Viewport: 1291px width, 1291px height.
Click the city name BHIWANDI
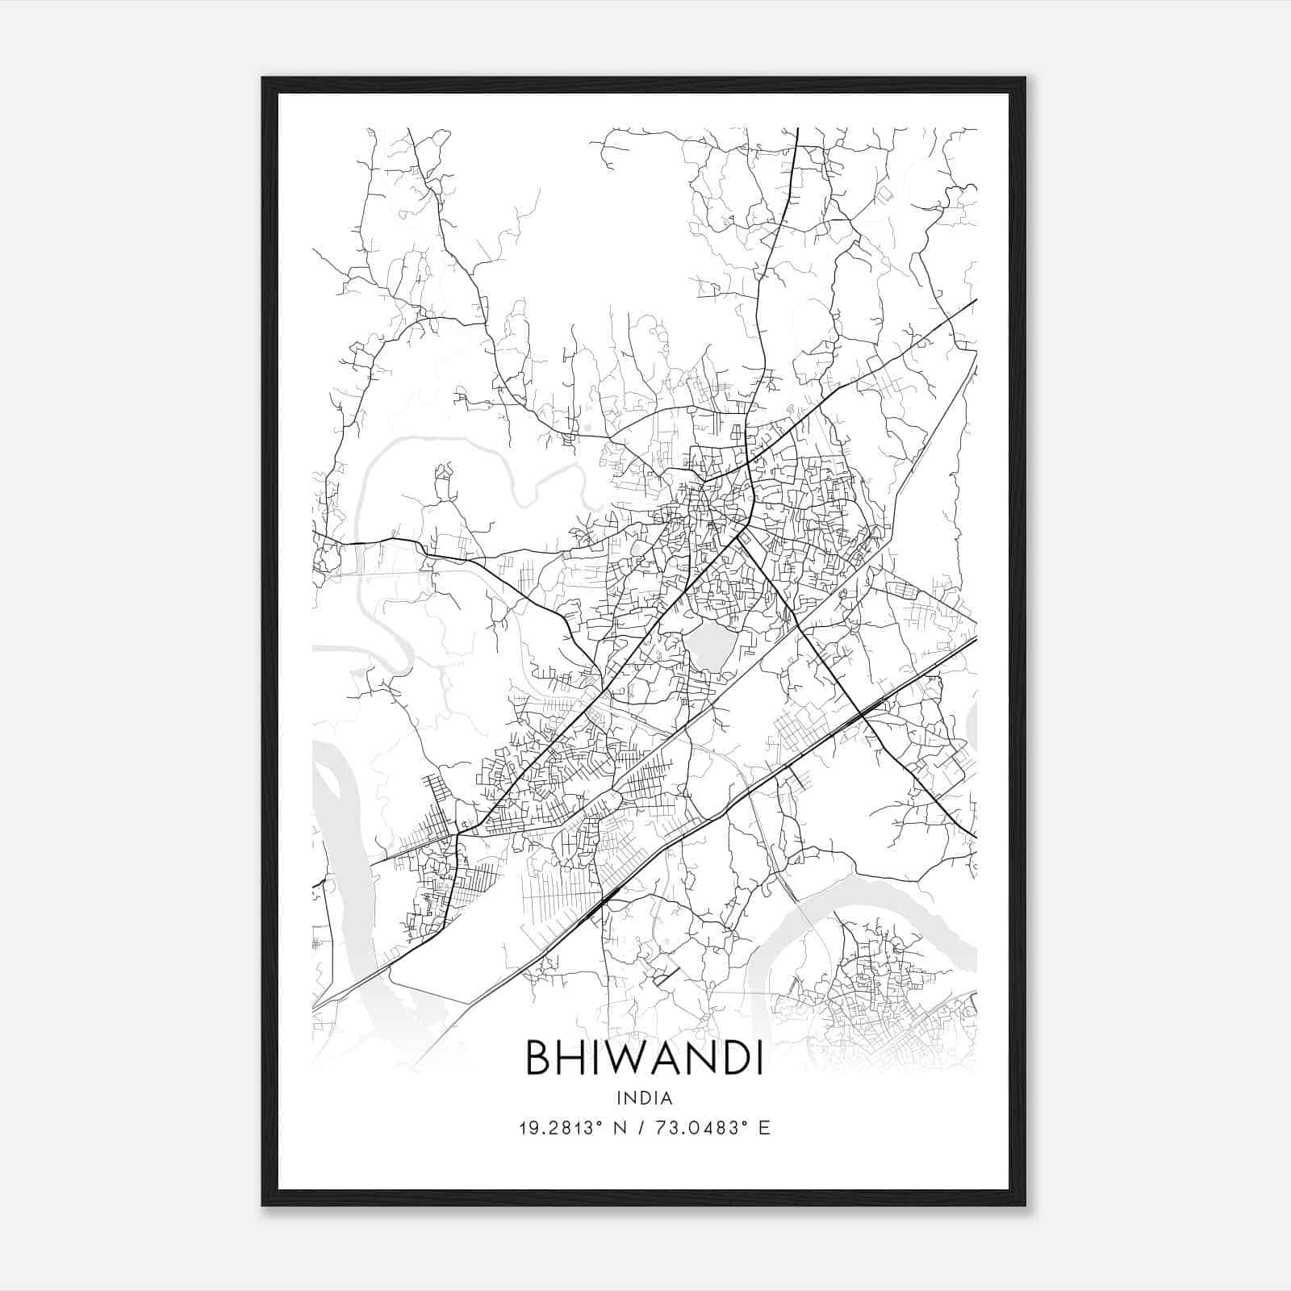pyautogui.click(x=645, y=1057)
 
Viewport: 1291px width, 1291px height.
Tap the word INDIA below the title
pyautogui.click(x=645, y=1098)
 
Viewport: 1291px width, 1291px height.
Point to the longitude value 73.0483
pyautogui.click(x=701, y=1127)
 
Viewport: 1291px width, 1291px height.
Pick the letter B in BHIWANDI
pyautogui.click(x=538, y=1057)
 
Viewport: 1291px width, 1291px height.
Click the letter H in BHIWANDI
pyautogui.click(x=570, y=1057)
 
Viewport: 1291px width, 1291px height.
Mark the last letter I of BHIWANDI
pyautogui.click(x=759, y=1057)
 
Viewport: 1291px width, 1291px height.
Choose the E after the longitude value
pyautogui.click(x=764, y=1127)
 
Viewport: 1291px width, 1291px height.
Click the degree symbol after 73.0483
pyautogui.click(x=745, y=1122)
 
